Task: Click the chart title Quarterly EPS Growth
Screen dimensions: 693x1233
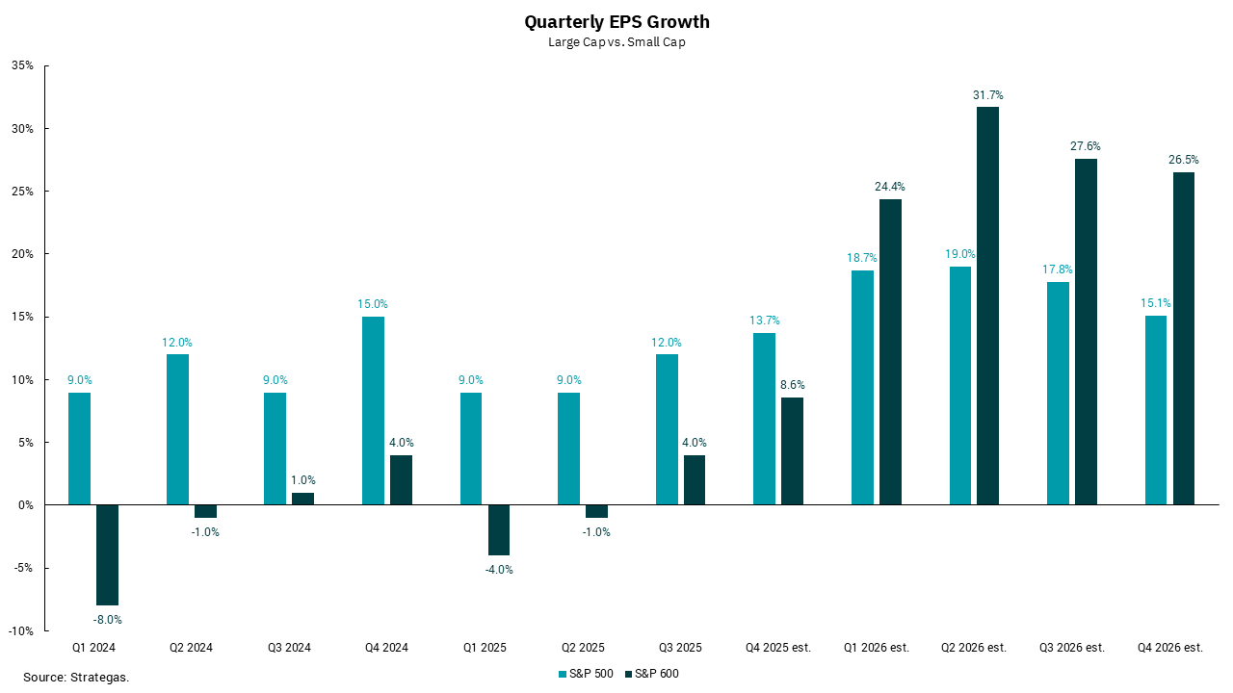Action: [616, 22]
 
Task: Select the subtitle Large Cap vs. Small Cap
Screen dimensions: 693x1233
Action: [616, 42]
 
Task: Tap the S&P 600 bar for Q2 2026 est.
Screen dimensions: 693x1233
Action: [987, 305]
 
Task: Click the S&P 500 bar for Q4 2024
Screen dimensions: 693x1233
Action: [373, 410]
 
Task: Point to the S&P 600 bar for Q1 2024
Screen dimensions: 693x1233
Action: [108, 554]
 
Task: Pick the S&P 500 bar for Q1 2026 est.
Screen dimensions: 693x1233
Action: [862, 387]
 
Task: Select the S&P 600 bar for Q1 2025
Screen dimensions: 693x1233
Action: [498, 529]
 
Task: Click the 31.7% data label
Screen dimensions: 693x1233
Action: [987, 95]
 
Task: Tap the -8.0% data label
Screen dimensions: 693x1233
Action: [108, 620]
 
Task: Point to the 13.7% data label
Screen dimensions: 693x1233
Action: [764, 321]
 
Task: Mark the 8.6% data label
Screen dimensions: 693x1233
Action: [791, 385]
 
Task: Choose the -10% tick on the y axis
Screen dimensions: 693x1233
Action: [21, 630]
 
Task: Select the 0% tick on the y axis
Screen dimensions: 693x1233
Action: [26, 505]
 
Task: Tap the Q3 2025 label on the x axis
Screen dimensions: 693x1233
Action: [680, 648]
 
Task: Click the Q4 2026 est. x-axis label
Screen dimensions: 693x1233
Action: [1169, 648]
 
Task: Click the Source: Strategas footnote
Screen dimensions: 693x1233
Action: [76, 678]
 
